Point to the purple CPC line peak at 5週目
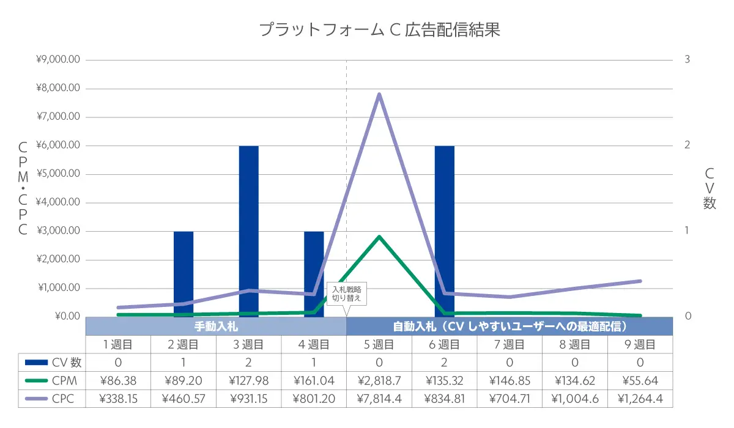pyautogui.click(x=379, y=94)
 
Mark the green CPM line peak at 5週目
pyautogui.click(x=379, y=237)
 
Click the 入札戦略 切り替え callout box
pyautogui.click(x=347, y=294)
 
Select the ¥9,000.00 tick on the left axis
pyautogui.click(x=59, y=60)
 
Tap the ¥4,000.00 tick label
pyautogui.click(x=59, y=202)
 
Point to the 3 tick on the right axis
pyautogui.click(x=688, y=60)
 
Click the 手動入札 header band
pyautogui.click(x=216, y=326)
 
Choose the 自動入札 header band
pyautogui.click(x=510, y=326)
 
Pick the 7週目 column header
pyautogui.click(x=510, y=345)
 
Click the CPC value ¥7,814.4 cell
pyautogui.click(x=379, y=400)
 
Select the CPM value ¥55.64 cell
pyautogui.click(x=640, y=381)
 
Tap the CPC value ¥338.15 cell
pyautogui.click(x=118, y=400)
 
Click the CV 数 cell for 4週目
pyautogui.click(x=314, y=363)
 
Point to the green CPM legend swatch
pyautogui.click(x=35, y=381)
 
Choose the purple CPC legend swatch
pyautogui.click(x=35, y=400)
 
